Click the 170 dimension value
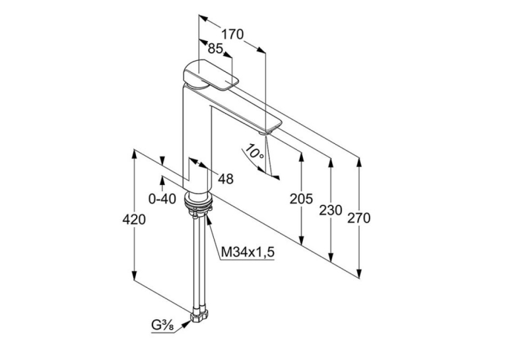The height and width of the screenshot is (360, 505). click(232, 34)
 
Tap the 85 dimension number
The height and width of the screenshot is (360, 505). click(215, 48)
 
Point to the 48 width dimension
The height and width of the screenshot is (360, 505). click(226, 179)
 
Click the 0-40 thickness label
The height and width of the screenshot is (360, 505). click(162, 199)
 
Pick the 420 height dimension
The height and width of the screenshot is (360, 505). click(134, 220)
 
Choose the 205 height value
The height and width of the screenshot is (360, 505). click(301, 199)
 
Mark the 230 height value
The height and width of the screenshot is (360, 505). click(331, 210)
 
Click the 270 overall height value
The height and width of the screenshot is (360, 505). click(359, 218)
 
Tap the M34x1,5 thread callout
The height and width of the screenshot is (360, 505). click(248, 252)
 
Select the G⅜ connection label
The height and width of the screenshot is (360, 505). click(162, 326)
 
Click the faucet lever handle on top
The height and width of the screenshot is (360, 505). click(211, 75)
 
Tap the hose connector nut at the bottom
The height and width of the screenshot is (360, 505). click(200, 316)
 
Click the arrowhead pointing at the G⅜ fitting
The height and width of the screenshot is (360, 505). click(185, 324)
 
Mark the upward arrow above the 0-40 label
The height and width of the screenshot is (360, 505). click(162, 181)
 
